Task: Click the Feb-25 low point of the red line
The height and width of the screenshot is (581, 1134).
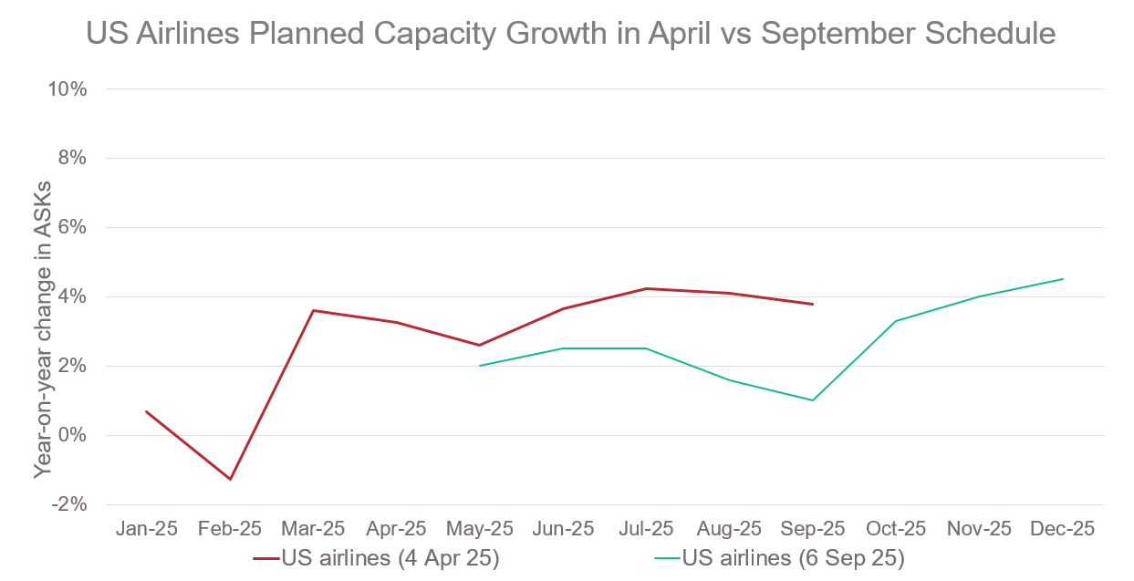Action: [x=231, y=479]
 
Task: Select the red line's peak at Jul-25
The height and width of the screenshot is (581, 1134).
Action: [x=646, y=288]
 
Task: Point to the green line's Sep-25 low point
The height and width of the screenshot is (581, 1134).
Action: [x=812, y=400]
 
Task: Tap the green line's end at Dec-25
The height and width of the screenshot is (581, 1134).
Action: [x=1063, y=279]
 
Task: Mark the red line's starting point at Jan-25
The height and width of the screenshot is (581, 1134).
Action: [x=146, y=411]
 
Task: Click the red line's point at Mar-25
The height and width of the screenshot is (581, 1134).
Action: [x=313, y=310]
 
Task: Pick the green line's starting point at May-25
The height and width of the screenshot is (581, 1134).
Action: [x=480, y=366]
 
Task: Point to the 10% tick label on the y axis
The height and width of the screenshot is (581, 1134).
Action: [x=68, y=89]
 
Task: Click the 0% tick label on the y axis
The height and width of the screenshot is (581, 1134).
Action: [x=72, y=435]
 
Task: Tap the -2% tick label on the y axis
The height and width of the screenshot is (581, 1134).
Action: [x=69, y=504]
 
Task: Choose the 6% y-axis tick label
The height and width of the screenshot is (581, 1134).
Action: [x=72, y=227]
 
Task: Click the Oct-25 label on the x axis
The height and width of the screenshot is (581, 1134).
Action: [x=896, y=528]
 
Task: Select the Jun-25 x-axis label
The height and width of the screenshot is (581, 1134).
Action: [x=563, y=528]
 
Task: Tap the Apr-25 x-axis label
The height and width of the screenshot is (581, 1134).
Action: [x=396, y=528]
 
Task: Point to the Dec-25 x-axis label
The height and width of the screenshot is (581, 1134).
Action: [x=1063, y=528]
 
